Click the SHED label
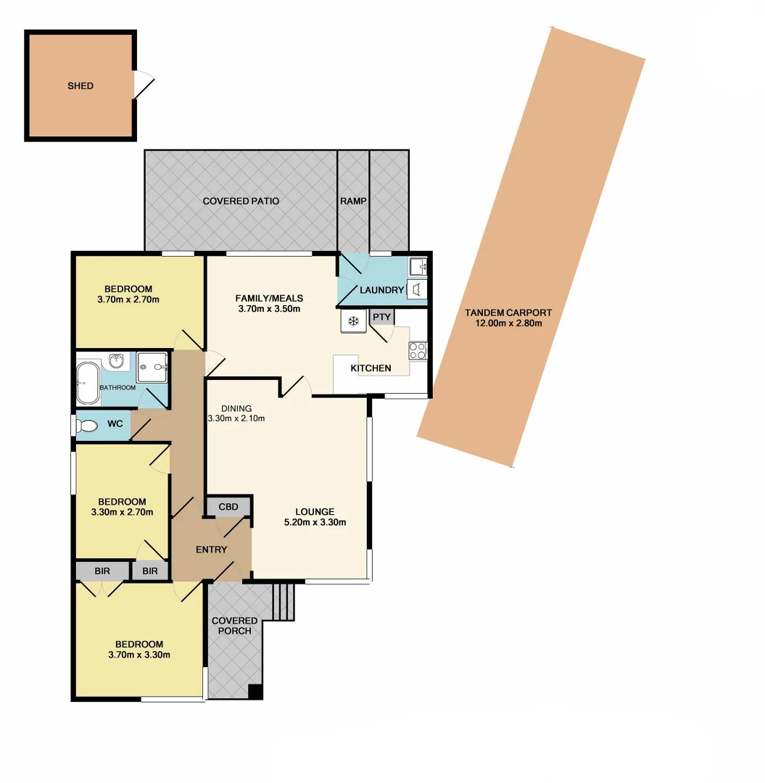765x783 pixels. tap(80, 86)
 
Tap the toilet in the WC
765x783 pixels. tap(88, 425)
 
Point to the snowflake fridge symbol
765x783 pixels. tap(354, 321)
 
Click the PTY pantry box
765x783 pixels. tap(381, 317)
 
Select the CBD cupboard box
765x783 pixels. tap(228, 505)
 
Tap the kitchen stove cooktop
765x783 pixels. tap(418, 351)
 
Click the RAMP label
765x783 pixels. tap(353, 201)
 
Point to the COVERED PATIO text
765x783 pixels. tap(241, 201)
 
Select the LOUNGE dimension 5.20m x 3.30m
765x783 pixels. tap(315, 522)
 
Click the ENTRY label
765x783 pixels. tap(211, 550)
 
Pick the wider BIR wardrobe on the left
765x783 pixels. tap(102, 571)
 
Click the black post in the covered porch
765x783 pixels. tap(255, 692)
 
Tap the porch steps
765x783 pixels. tap(284, 601)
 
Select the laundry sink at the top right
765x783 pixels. tap(418, 265)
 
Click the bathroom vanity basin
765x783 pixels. tap(116, 360)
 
